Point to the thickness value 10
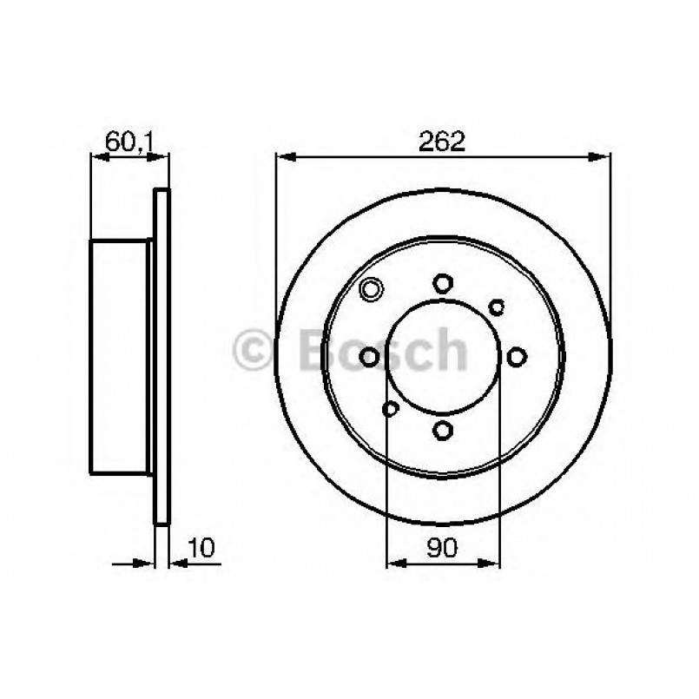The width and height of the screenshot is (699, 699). click(200, 548)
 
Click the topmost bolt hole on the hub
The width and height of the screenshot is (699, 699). click(443, 282)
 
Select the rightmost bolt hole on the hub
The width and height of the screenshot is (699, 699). click(517, 356)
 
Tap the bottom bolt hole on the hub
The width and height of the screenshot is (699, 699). click(443, 430)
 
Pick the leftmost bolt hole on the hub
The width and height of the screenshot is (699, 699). click(370, 356)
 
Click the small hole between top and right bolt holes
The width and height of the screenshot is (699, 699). click(497, 306)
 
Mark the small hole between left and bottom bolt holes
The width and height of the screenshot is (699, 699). click(391, 407)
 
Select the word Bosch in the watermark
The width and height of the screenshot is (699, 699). click(382, 350)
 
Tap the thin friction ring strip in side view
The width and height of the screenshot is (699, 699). click(161, 356)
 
